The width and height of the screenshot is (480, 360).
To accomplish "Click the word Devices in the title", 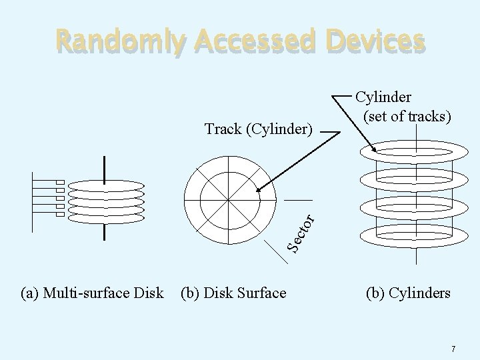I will [373, 41].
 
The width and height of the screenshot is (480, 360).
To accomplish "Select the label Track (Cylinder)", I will [258, 128].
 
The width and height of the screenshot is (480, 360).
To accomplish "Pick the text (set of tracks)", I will [407, 117].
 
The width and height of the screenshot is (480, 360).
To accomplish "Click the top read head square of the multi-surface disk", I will [59, 183].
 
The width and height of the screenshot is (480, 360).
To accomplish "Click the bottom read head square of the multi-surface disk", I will [59, 214].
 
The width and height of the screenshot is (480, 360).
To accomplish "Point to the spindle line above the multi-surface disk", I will [104, 166].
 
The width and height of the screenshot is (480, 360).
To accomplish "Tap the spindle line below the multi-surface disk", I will [104, 231].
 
